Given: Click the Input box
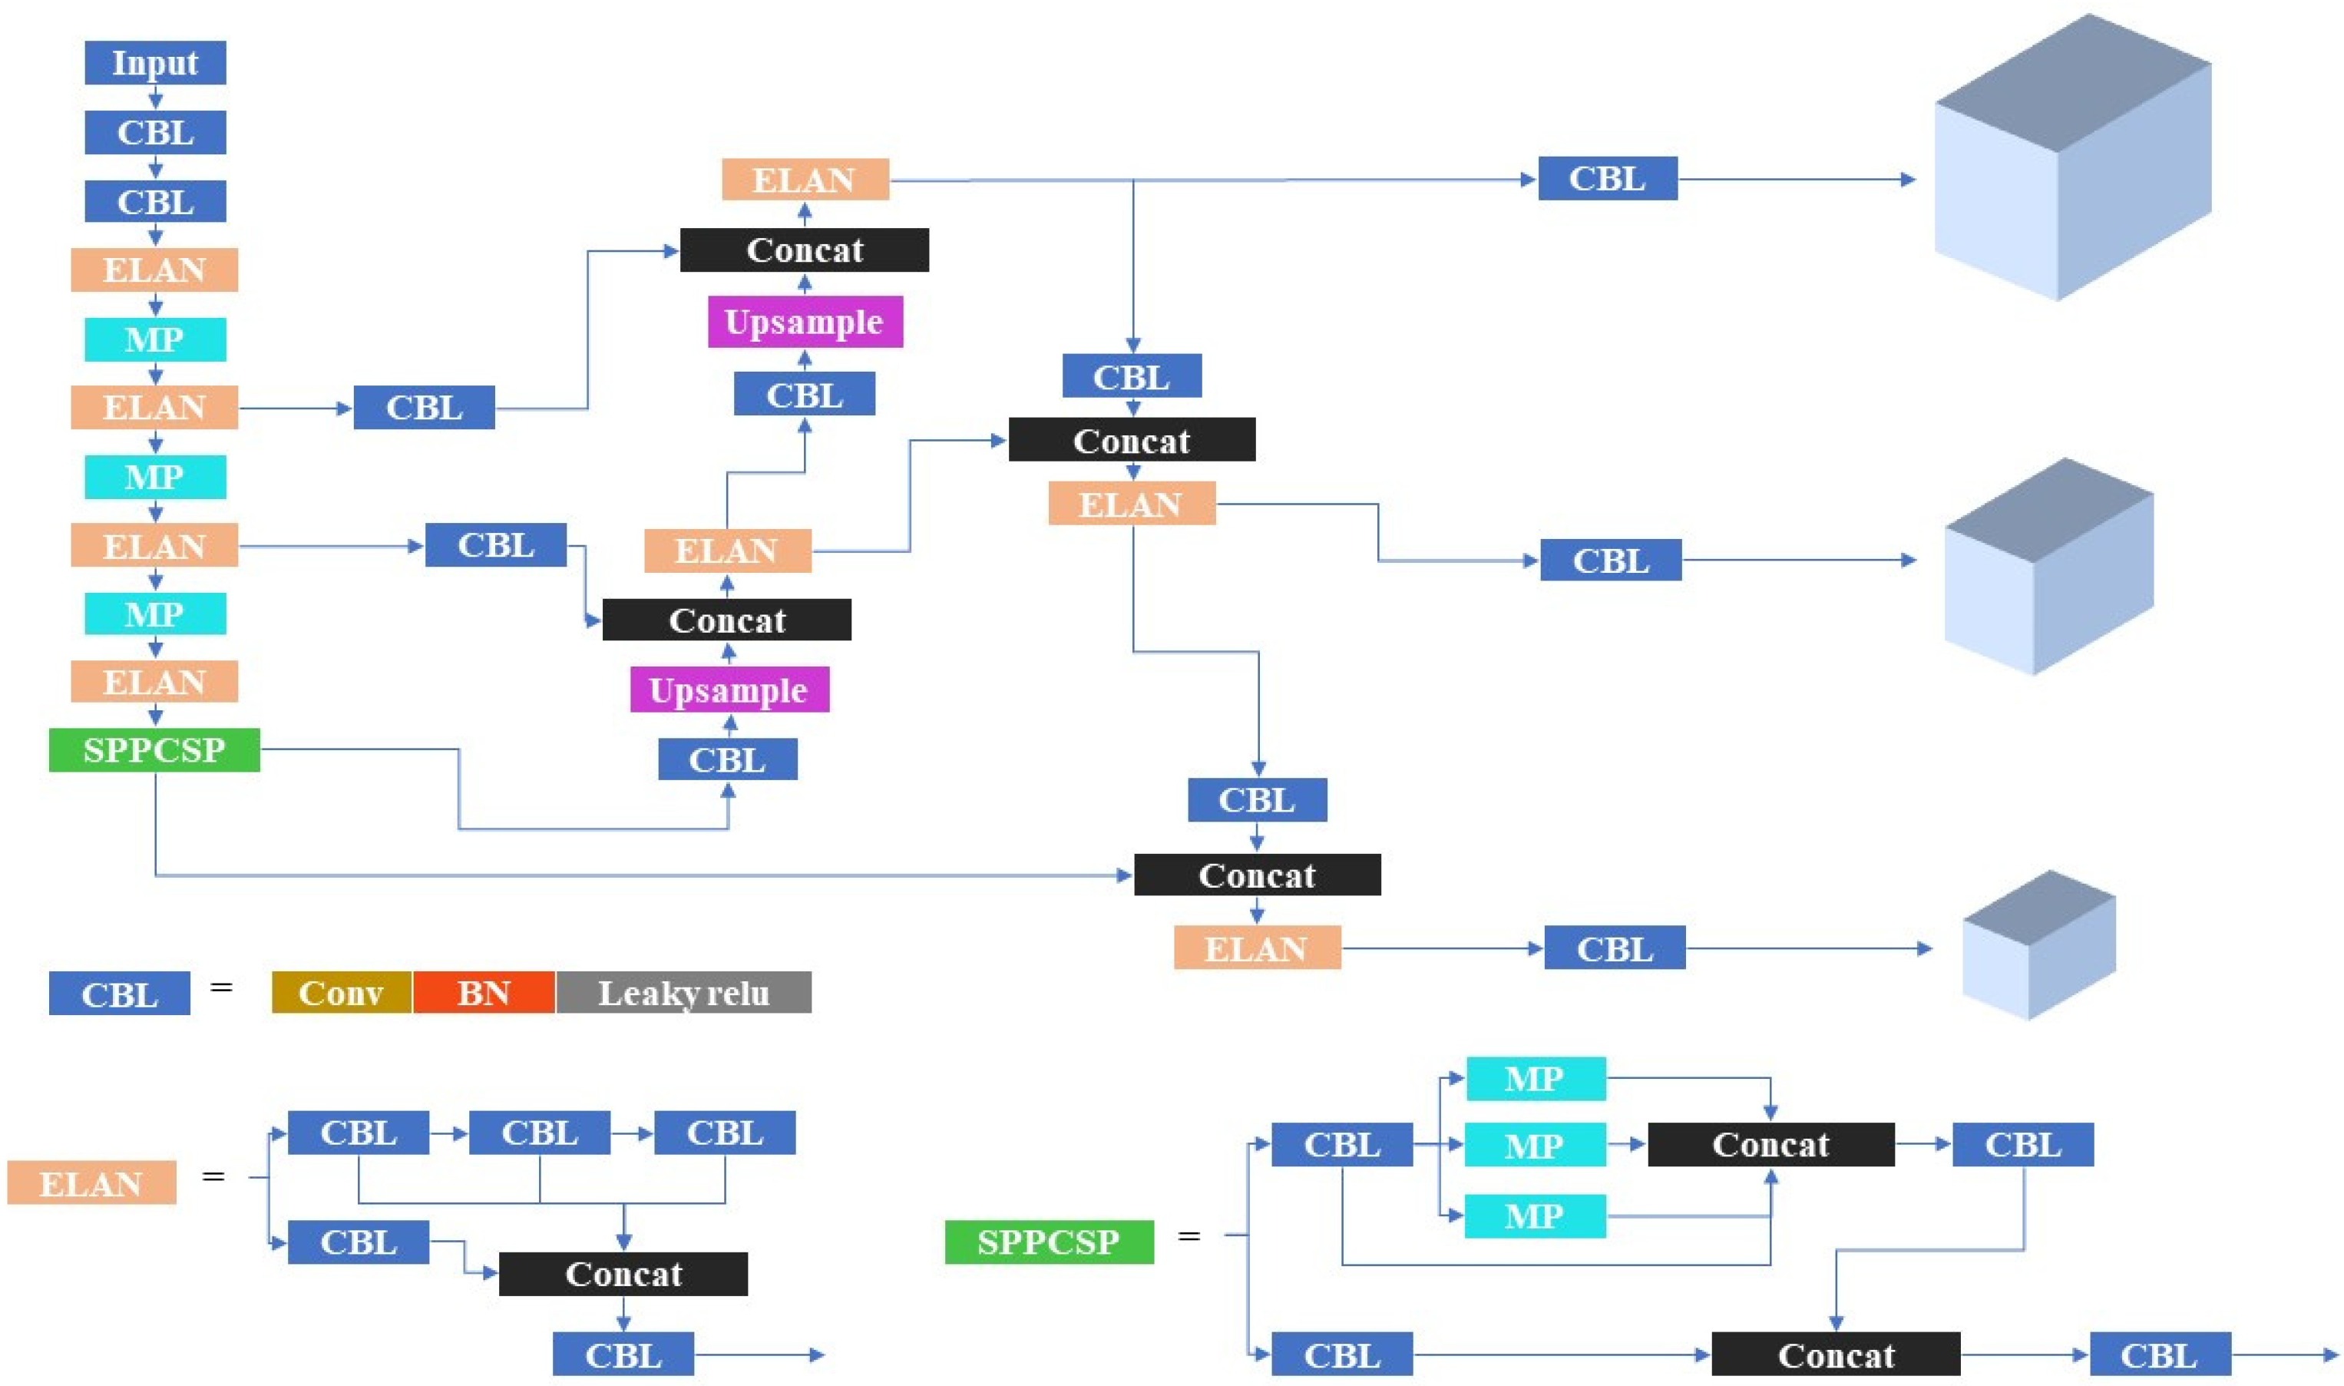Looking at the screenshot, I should (x=155, y=62).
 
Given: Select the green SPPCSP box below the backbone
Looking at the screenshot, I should (x=154, y=750).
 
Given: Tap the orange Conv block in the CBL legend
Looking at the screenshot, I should (x=341, y=992).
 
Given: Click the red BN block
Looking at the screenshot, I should (x=484, y=992).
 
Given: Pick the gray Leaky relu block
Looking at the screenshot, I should (x=683, y=992).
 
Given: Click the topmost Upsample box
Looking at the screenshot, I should (x=805, y=323).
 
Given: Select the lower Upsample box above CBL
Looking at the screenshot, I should (x=729, y=690).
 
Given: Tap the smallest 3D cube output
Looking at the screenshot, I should (x=2038, y=945).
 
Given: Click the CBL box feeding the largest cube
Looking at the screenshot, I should (x=1607, y=178).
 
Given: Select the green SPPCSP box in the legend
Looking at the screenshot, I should (x=1049, y=1241).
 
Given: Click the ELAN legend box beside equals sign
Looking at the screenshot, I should (x=91, y=1183).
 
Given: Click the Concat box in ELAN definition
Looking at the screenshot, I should (x=623, y=1274).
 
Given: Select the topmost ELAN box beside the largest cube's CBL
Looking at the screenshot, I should (x=805, y=180).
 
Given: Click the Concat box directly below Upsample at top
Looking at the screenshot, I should (x=805, y=250).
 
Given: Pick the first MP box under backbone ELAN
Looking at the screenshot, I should (x=155, y=339).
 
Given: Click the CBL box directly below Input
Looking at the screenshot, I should (x=155, y=133).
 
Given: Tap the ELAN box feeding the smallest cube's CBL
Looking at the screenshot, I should (x=1257, y=948).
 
